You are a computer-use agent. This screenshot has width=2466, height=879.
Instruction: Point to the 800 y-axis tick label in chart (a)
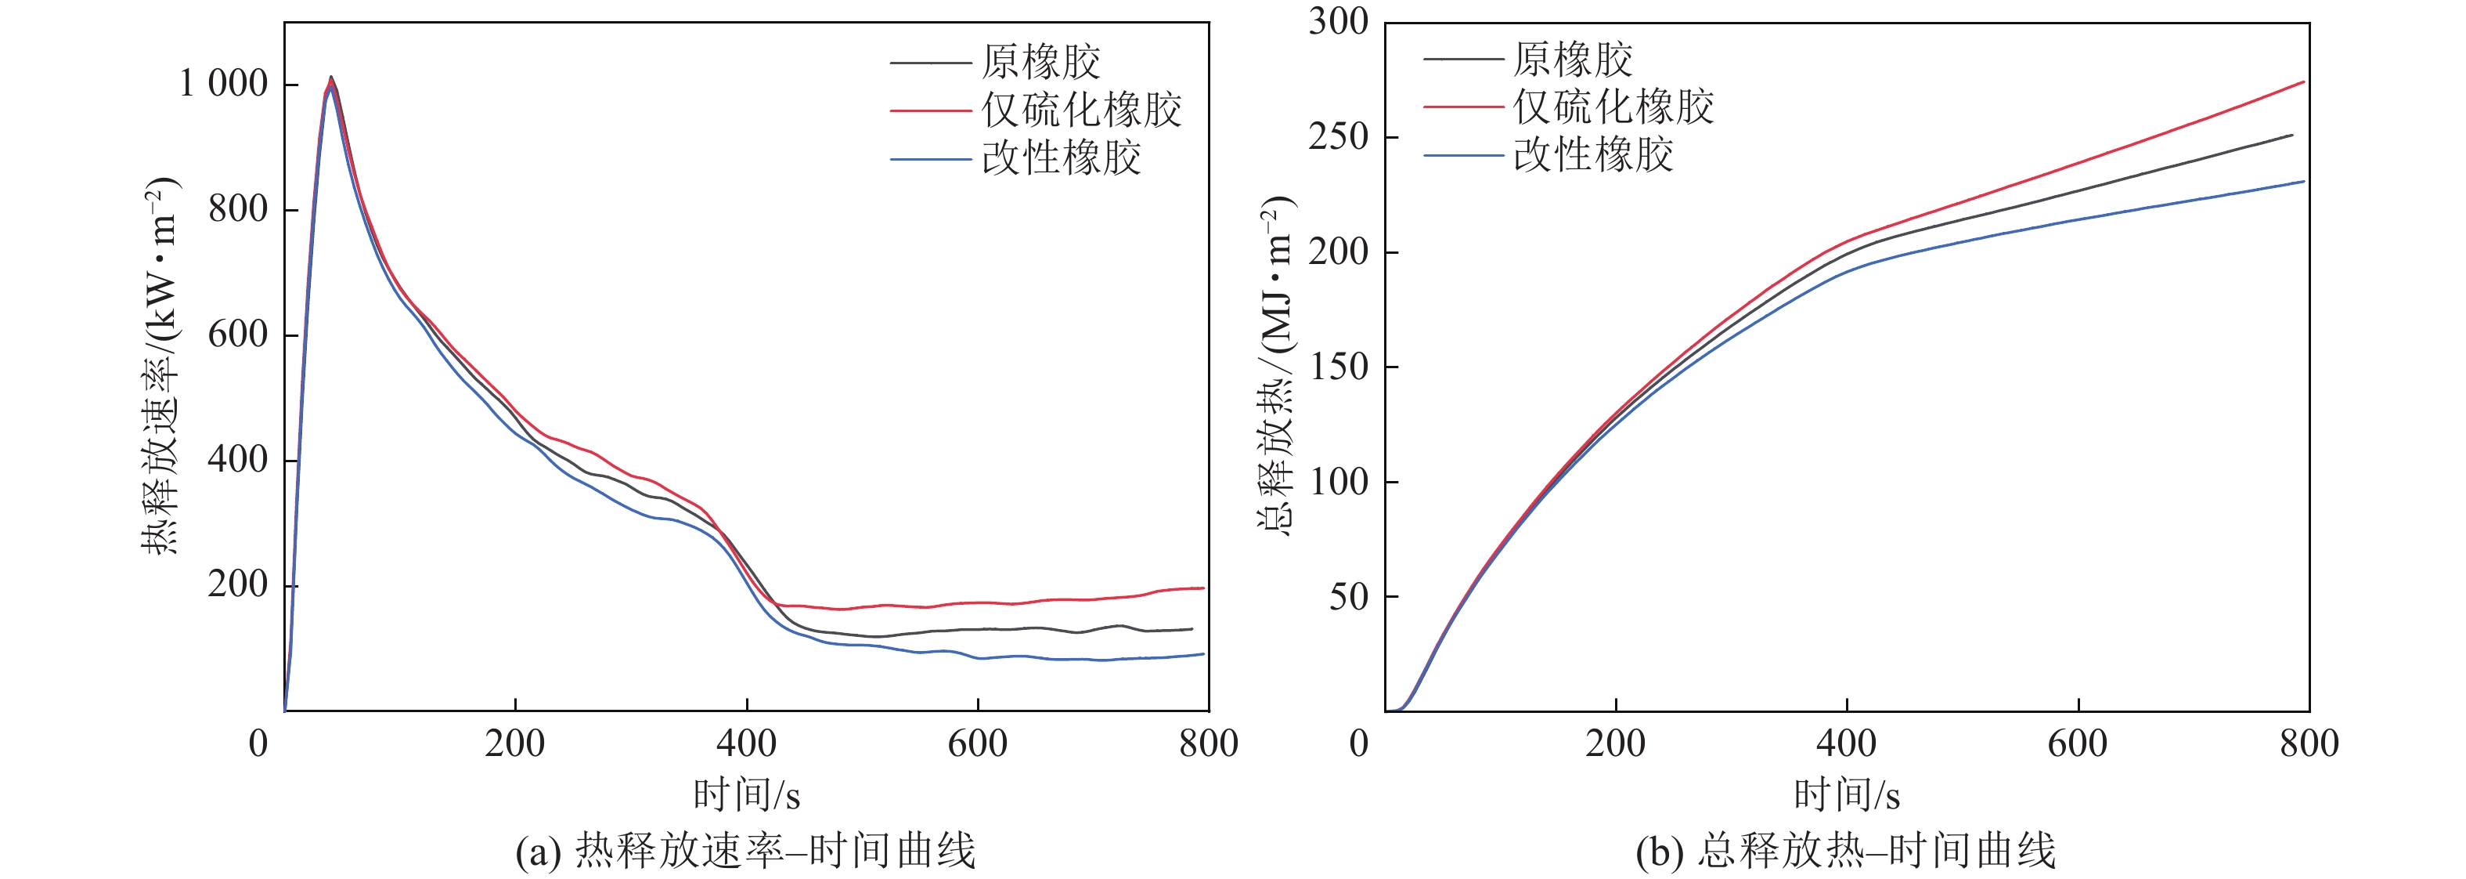[237, 208]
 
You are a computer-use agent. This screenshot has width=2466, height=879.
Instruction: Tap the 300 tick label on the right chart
[1339, 21]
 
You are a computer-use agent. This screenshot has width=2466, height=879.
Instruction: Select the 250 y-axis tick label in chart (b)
[1339, 136]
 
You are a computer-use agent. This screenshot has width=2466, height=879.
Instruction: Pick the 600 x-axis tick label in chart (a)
[978, 743]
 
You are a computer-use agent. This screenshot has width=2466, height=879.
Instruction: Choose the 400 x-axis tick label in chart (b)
[1847, 743]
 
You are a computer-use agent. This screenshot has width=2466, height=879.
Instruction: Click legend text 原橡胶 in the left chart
[1040, 62]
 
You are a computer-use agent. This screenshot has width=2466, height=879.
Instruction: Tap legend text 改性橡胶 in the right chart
[1593, 154]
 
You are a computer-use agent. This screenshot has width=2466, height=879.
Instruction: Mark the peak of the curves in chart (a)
[330, 78]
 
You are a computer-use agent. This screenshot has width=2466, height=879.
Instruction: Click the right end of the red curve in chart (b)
[2302, 82]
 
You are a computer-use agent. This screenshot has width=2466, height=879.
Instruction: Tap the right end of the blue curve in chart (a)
[1202, 654]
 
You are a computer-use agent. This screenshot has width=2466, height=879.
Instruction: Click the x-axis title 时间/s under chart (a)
[747, 794]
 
